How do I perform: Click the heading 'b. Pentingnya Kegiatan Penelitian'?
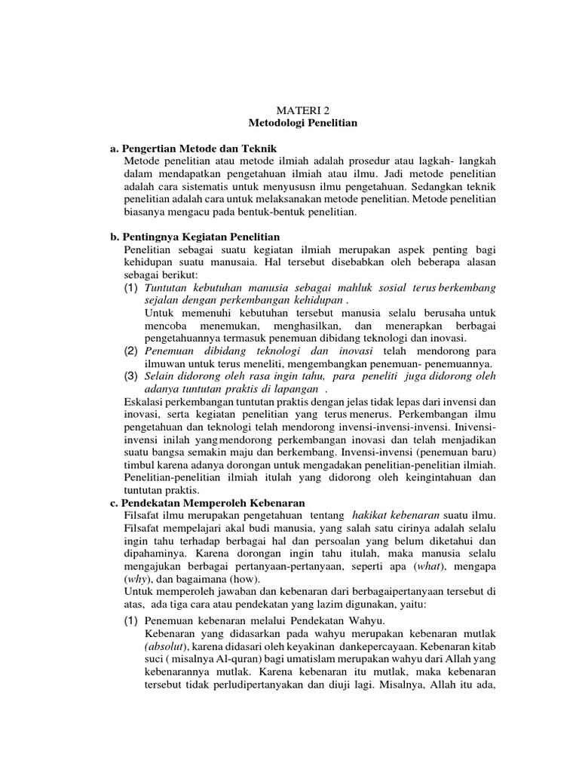195,237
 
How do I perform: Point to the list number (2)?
131,351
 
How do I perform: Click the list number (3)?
131,376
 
